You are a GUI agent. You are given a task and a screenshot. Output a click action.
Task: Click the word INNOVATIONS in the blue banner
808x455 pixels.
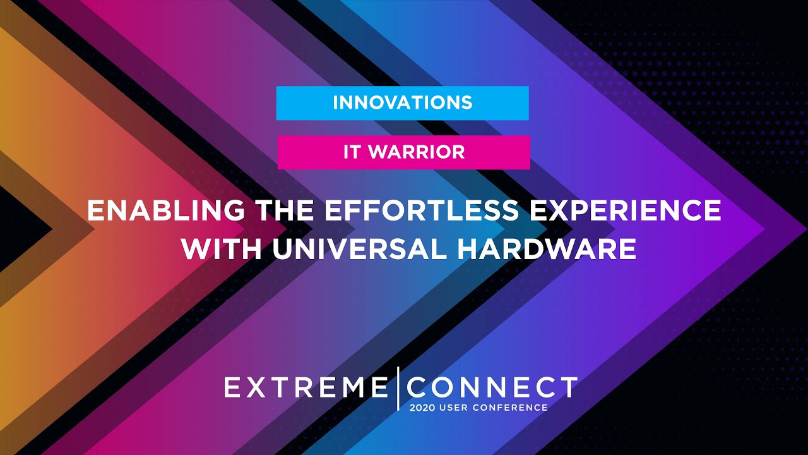pyautogui.click(x=402, y=102)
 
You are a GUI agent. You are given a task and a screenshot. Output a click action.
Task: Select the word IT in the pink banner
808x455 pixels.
pyautogui.click(x=353, y=152)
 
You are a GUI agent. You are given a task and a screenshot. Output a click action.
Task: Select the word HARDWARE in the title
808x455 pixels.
pyautogui.click(x=546, y=249)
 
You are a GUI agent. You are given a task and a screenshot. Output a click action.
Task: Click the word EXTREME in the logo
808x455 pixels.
pyautogui.click(x=306, y=387)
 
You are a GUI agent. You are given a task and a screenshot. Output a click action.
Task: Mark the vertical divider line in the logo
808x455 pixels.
pyautogui.click(x=398, y=387)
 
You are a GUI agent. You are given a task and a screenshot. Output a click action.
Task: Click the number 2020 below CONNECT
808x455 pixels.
pyautogui.click(x=422, y=408)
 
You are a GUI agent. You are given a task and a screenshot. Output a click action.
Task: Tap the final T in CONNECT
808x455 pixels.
pyautogui.click(x=567, y=386)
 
